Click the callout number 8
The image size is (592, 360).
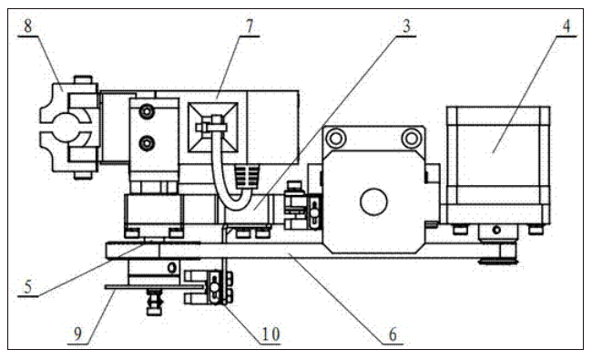tap(28, 26)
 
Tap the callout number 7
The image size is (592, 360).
tap(250, 26)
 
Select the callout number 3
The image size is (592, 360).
tap(406, 26)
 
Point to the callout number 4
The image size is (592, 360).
tap(566, 26)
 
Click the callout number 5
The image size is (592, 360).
tap(28, 287)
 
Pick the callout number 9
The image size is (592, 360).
tap(77, 334)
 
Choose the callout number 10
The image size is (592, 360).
tap(270, 334)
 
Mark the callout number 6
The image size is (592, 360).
tap(393, 334)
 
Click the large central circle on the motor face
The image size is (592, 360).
tap(373, 201)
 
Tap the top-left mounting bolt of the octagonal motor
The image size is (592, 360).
tap(335, 138)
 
